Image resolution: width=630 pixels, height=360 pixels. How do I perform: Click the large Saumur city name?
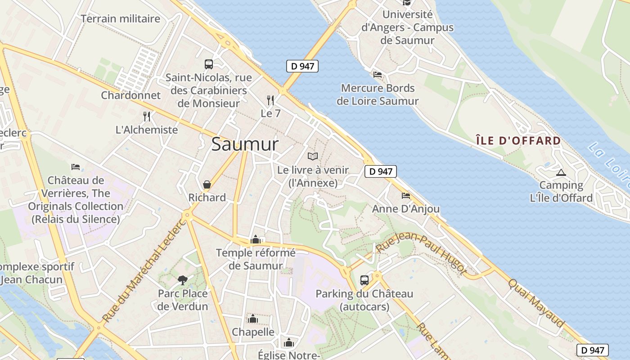(245, 144)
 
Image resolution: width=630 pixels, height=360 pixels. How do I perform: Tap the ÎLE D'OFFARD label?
(518, 141)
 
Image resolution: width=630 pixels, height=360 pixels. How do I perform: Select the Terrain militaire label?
(121, 19)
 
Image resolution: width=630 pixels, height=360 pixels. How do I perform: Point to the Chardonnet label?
(130, 95)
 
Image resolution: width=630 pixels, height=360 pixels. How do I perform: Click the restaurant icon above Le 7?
(270, 100)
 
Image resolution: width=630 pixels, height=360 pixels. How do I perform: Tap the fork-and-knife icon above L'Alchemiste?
(147, 117)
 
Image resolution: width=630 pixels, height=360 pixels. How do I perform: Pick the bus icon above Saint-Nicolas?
(208, 64)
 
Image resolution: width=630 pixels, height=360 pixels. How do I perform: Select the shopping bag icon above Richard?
(207, 184)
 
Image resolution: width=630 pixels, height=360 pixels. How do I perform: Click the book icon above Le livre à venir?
(313, 156)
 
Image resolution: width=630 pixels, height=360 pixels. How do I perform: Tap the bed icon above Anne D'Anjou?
(406, 196)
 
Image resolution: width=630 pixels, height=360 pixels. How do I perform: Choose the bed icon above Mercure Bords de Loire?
(378, 75)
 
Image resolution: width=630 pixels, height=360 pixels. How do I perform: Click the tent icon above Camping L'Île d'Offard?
(561, 172)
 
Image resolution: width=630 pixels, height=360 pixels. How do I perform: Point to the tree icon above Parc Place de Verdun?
(183, 280)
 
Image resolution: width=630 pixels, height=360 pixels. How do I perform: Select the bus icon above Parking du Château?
(364, 280)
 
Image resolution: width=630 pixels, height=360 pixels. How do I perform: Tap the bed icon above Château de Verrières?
(76, 167)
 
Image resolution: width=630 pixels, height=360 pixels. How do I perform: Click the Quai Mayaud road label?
(536, 303)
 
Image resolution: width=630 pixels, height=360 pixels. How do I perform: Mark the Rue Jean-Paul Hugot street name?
(421, 252)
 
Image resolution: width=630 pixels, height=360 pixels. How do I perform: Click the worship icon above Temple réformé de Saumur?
(256, 239)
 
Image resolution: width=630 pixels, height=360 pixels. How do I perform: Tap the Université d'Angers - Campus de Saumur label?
(408, 27)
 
